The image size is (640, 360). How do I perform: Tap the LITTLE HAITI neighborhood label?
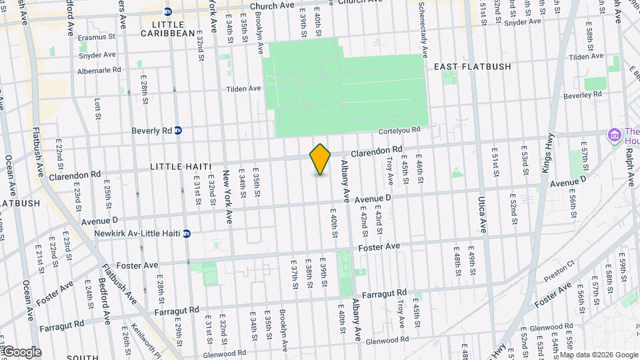pos(181,166)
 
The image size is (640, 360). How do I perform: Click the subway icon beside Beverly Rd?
pos(178,130)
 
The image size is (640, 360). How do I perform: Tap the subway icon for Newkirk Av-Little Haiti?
pos(187,233)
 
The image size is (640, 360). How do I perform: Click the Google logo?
pos(22,351)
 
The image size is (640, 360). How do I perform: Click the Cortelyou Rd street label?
pos(399,129)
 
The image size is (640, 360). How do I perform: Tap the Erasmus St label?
pos(97,38)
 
